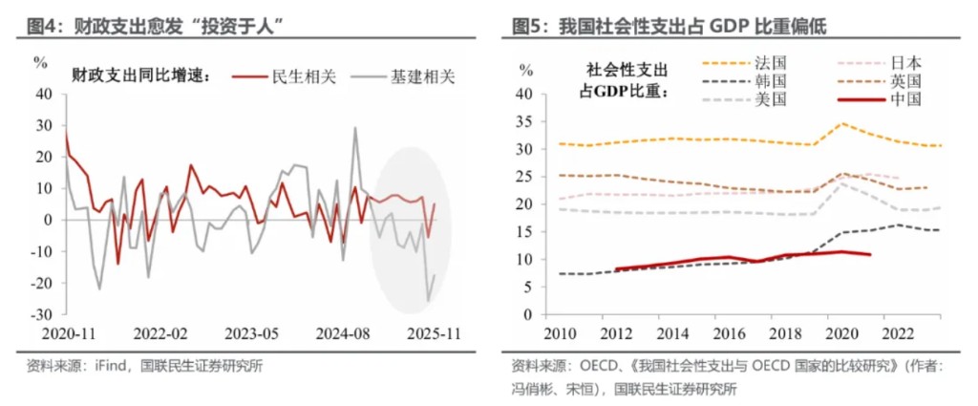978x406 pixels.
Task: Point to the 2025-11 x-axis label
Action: click(433, 335)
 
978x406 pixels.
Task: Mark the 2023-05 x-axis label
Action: click(251, 335)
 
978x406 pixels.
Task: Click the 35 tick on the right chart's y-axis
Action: click(522, 121)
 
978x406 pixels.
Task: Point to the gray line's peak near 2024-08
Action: click(355, 128)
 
